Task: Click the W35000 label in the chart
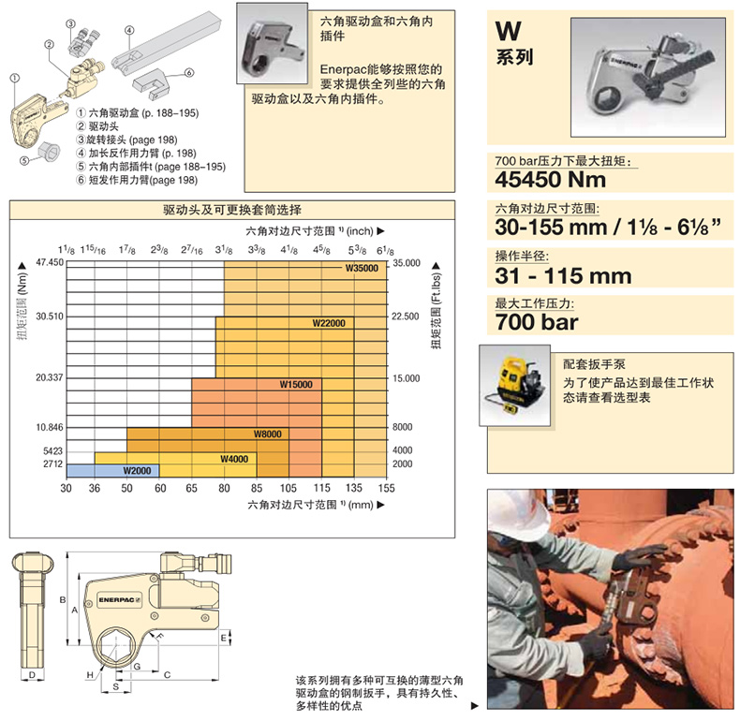(362, 269)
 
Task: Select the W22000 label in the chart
(329, 323)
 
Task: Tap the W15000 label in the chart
(296, 385)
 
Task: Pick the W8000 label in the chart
(268, 434)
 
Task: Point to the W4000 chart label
(234, 459)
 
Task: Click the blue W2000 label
(137, 470)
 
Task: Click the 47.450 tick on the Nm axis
(50, 262)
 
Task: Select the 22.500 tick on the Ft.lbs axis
(406, 316)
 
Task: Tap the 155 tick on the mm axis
(386, 488)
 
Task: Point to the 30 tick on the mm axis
(67, 488)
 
